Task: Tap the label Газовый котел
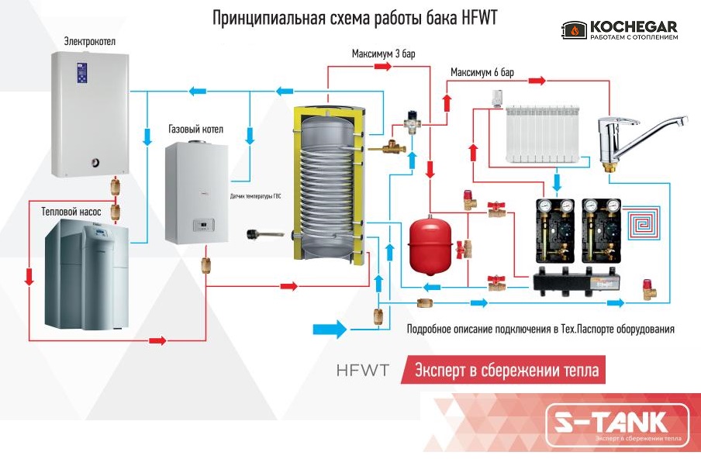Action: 195,129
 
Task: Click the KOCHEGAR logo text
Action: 633,25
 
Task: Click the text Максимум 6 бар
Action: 482,73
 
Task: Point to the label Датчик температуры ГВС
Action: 256,197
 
